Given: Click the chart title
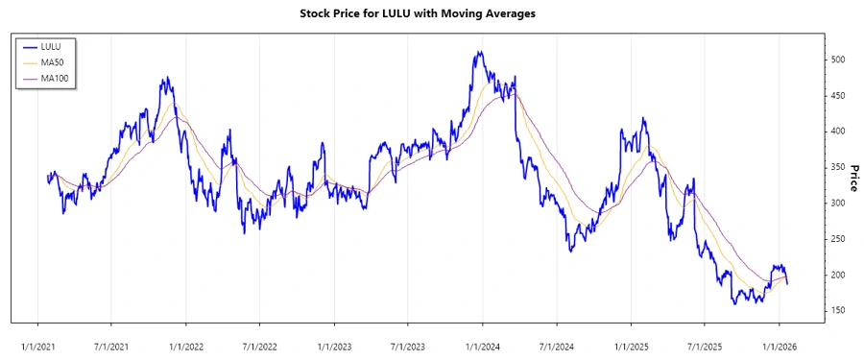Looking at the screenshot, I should pos(431,13).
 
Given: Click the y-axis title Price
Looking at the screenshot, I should pos(852,179).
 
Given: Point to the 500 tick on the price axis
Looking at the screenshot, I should pos(838,60).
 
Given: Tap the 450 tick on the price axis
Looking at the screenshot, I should pos(838,95).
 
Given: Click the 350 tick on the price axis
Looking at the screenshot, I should pos(838,167).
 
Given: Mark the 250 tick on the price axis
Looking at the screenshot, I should pos(838,239).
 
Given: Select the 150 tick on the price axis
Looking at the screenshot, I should pos(838,311).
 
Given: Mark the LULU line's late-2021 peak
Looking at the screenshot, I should pos(166,79).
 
